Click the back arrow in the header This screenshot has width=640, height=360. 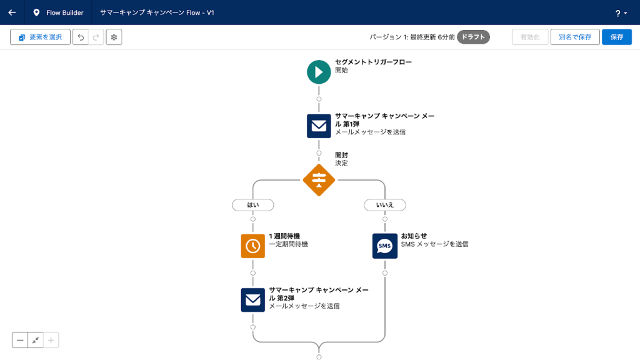pos(12,12)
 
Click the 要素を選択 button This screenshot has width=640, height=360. pos(40,37)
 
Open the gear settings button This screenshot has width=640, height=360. pos(114,37)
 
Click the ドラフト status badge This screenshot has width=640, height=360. pos(473,37)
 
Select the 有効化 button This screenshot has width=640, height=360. pos(530,37)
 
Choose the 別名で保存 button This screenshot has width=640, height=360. pos(575,37)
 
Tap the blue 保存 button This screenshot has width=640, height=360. pos(616,37)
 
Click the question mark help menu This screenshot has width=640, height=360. pos(621,13)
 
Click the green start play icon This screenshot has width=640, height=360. pos(319,72)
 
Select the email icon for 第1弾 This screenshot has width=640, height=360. pos(319,126)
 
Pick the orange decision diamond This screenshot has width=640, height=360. pos(319,180)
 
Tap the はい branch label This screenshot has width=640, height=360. pos(253,205)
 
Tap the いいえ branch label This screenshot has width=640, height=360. pos(384,205)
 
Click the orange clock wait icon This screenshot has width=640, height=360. pos(253,246)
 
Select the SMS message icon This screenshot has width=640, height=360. pos(384,246)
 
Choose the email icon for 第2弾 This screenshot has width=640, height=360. pos(253,300)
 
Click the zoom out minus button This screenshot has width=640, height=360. pos(20,340)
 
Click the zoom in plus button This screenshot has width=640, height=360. pos(51,340)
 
